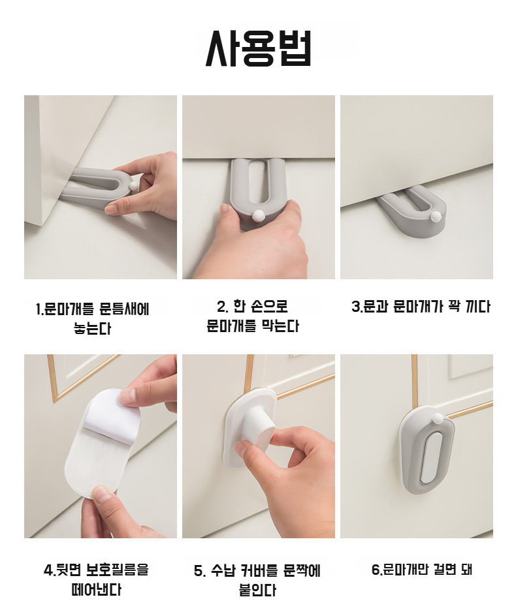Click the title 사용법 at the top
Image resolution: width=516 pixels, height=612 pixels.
(258, 48)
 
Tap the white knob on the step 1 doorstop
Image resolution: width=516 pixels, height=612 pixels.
(134, 185)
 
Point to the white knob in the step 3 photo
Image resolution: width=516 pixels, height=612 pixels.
(435, 215)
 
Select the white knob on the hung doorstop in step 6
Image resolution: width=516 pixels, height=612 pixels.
(438, 420)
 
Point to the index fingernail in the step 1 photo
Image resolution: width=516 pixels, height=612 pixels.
(111, 210)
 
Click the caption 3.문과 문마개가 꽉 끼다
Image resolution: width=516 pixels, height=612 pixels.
(421, 307)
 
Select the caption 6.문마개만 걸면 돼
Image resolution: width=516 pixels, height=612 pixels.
(422, 570)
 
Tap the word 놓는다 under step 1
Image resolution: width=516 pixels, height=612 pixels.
(93, 328)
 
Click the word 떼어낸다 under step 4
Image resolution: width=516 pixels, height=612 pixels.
(97, 589)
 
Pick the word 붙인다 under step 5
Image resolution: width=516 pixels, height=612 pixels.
(257, 590)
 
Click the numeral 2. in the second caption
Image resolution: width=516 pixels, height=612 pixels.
(222, 307)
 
